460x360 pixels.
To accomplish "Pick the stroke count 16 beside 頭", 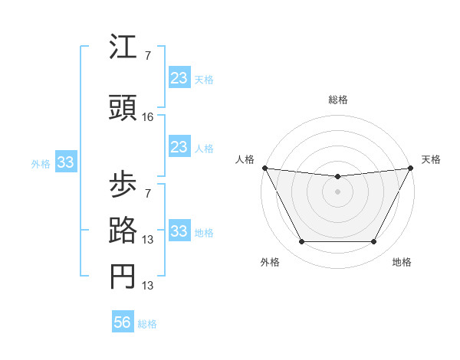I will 148,117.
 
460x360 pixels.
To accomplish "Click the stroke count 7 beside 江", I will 147,56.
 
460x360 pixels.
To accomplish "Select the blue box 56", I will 123,322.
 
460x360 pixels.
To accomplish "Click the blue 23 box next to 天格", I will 179,77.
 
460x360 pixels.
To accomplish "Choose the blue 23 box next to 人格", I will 179,147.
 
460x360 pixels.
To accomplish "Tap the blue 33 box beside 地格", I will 179,231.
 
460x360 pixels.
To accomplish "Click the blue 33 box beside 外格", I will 65,162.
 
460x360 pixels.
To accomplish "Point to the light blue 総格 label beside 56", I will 147,324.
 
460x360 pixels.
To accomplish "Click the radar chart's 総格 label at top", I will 337,100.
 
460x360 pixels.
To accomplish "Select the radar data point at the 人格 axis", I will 264,168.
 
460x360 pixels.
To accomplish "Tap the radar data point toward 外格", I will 301,242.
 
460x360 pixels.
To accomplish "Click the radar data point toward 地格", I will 374,242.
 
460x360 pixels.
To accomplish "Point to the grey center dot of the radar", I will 337,191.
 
